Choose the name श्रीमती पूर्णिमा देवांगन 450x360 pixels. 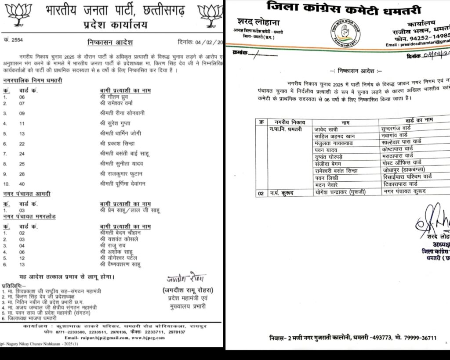click(122, 184)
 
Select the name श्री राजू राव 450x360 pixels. click(113, 245)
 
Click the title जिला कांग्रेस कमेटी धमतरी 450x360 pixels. click(344, 8)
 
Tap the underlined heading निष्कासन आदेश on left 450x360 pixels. click(110, 42)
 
